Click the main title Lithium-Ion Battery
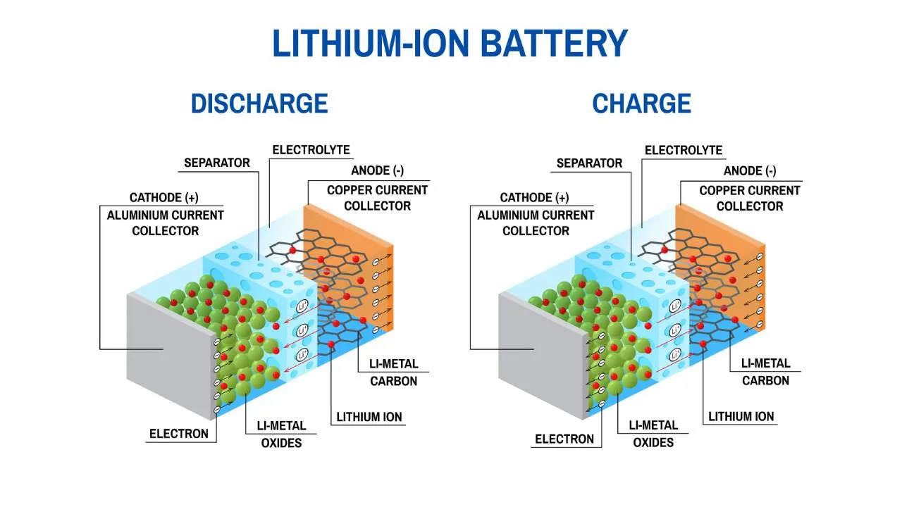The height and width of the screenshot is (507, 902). (450, 44)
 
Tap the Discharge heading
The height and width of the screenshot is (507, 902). (259, 104)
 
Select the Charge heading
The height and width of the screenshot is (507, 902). (641, 104)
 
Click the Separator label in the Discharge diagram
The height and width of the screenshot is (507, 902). (217, 163)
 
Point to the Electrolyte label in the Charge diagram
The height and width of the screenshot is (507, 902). (684, 150)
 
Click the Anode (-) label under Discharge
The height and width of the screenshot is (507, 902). (378, 170)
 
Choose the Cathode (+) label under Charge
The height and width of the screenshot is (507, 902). (534, 198)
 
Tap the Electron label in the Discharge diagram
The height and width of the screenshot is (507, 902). (178, 434)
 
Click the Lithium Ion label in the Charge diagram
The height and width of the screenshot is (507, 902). (741, 416)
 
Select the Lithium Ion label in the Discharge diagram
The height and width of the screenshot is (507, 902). (369, 416)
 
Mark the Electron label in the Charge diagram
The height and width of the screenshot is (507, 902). (564, 439)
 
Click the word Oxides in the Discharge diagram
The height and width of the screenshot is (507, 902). (281, 443)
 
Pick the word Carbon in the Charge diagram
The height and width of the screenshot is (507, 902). (765, 380)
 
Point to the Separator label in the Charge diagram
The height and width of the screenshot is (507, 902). (589, 163)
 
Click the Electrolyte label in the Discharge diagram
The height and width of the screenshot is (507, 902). (311, 150)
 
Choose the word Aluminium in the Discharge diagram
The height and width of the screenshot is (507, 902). (139, 215)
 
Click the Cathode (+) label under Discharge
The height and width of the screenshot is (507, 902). (163, 198)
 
